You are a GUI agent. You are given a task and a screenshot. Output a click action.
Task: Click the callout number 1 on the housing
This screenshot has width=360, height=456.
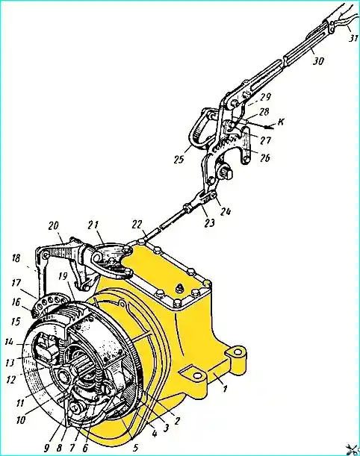click(224, 388)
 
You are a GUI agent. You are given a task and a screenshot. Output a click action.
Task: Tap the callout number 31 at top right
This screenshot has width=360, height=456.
click(353, 38)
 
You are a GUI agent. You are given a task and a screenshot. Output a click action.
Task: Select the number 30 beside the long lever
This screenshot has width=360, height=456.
click(319, 61)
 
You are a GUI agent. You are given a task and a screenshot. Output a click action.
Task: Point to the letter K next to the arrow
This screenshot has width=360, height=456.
click(281, 122)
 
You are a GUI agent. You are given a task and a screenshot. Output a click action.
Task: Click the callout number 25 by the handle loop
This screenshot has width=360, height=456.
click(179, 159)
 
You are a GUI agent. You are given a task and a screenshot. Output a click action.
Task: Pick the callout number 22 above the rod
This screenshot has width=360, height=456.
click(137, 225)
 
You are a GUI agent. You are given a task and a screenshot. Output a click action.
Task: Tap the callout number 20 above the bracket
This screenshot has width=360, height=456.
click(54, 226)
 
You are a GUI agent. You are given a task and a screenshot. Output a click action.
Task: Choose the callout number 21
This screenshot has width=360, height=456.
click(93, 225)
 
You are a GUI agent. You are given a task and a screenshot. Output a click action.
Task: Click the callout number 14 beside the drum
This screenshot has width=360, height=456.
click(10, 343)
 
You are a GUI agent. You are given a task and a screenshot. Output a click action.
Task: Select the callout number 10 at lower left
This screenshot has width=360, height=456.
click(21, 420)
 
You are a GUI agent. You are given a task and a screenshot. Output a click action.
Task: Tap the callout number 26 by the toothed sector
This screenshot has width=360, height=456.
click(265, 157)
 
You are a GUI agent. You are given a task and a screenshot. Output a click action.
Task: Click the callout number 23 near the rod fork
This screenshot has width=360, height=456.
click(210, 222)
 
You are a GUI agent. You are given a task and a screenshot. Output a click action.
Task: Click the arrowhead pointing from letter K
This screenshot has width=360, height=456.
click(266, 127)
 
